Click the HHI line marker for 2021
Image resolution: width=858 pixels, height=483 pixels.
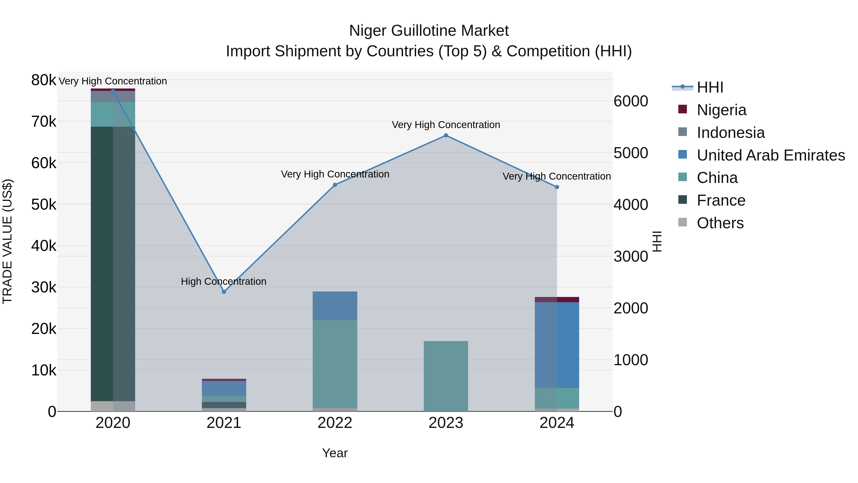point(224,292)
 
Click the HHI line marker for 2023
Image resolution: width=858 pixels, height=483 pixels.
point(446,135)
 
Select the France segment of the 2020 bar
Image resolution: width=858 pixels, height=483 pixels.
point(113,263)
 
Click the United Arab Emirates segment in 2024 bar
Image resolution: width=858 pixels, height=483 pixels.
point(557,345)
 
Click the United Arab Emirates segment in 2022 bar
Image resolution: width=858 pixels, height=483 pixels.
point(335,306)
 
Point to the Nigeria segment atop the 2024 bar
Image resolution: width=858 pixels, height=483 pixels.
point(557,299)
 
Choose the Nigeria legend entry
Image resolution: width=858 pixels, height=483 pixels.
point(721,110)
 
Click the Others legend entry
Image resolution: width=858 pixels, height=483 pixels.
point(720,223)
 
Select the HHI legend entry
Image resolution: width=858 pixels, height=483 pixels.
point(710,87)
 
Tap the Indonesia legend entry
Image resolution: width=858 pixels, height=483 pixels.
point(730,133)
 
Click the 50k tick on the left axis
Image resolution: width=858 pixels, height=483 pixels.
point(44,204)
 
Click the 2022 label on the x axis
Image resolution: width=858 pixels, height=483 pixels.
point(335,423)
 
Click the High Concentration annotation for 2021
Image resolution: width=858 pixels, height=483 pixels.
point(224,281)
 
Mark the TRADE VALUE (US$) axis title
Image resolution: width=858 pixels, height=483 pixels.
point(7,241)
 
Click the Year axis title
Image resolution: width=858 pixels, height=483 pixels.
point(335,453)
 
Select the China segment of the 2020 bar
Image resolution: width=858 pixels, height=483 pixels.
point(113,114)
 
